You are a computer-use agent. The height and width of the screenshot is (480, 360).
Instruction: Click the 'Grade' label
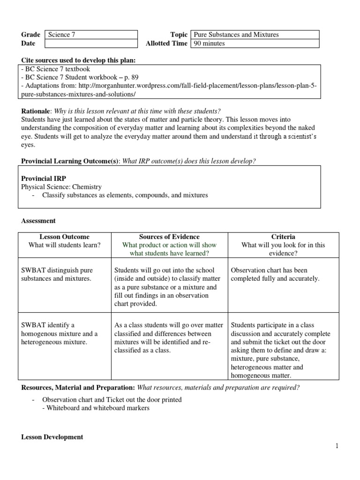point(31,35)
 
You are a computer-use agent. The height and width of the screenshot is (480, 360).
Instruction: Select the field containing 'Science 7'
point(91,35)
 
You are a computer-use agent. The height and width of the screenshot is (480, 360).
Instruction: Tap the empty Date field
point(91,44)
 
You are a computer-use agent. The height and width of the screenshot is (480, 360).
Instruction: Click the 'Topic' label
point(179,35)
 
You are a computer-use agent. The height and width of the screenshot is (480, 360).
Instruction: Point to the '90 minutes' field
point(255,44)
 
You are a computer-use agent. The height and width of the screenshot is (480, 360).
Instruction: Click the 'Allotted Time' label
point(167,44)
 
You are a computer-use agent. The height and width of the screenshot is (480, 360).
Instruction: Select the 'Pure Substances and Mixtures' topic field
point(255,35)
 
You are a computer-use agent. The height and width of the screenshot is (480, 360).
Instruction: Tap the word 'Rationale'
point(36,111)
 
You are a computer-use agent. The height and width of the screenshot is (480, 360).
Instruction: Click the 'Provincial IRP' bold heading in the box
point(43,179)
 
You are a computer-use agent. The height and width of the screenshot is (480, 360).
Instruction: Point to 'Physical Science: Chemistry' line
point(61,187)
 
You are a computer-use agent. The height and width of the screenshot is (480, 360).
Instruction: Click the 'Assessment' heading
point(38,220)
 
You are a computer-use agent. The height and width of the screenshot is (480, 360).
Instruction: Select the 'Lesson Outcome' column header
point(64,237)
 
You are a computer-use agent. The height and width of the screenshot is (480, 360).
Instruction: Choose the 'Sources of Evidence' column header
point(169,237)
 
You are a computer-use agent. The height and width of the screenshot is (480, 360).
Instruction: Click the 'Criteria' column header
point(283,237)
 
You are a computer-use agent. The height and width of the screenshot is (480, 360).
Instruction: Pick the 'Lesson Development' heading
point(52,437)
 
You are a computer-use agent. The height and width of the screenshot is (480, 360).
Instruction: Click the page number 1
point(337,446)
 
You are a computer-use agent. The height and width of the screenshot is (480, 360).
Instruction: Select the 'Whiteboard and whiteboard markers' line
point(96,408)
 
